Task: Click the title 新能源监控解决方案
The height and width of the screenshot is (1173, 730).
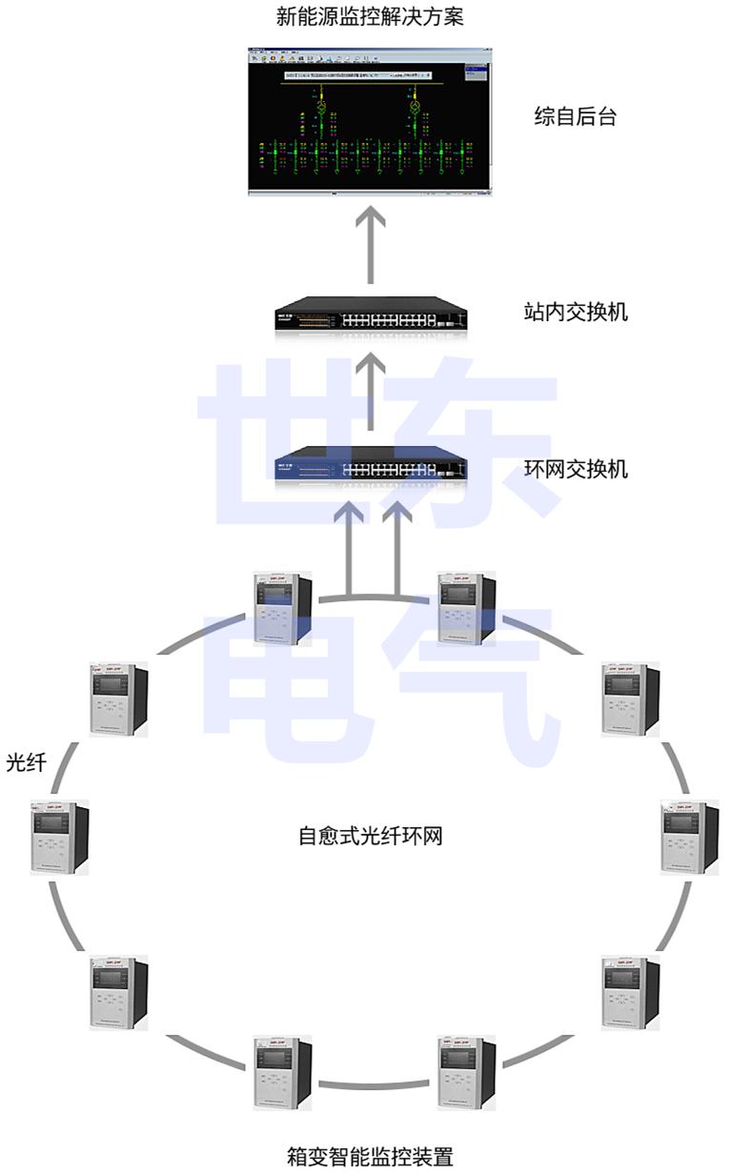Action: pyautogui.click(x=370, y=16)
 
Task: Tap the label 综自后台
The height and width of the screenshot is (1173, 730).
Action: pyautogui.click(x=575, y=117)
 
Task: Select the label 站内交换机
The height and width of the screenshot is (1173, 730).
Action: pyautogui.click(x=577, y=312)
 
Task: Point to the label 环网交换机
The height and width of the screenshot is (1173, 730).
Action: pyautogui.click(x=577, y=469)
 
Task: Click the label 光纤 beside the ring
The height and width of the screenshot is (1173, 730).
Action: pyautogui.click(x=26, y=762)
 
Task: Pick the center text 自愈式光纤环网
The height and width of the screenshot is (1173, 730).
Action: pyautogui.click(x=370, y=837)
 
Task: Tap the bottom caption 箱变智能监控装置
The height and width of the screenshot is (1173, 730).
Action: pyautogui.click(x=370, y=1157)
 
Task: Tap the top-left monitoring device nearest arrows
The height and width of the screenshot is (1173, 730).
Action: pyautogui.click(x=282, y=608)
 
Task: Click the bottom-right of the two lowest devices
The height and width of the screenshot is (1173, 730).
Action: pyautogui.click(x=467, y=1072)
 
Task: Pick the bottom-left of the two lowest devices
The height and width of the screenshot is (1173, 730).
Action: pyautogui.click(x=283, y=1072)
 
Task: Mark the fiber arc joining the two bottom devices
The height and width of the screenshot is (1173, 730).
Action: pyautogui.click(x=375, y=1084)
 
